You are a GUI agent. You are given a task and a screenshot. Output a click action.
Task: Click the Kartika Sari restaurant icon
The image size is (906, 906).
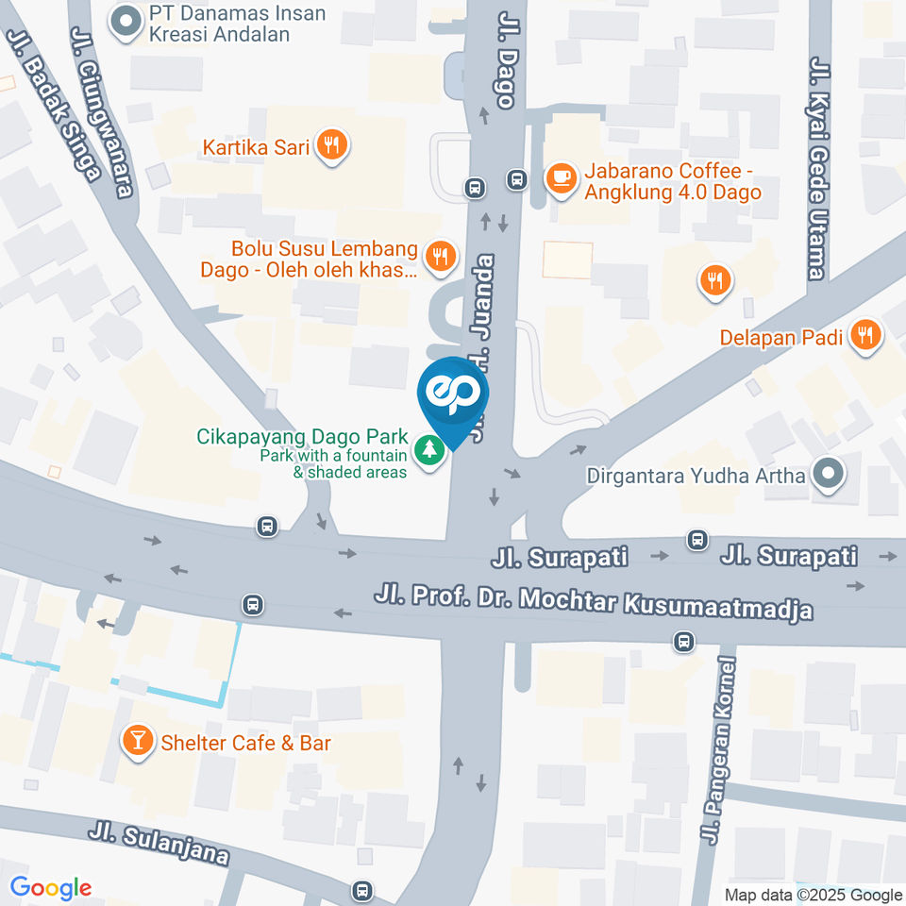[330, 145]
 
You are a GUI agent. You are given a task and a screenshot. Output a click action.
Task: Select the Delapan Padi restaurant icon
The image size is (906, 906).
[864, 335]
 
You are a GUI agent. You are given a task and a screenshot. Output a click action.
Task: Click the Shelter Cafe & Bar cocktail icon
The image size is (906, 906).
[138, 741]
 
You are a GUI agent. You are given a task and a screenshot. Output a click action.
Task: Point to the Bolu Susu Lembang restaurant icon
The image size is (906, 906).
[439, 255]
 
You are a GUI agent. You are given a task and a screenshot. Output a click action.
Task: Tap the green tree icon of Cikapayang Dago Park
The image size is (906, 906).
[430, 449]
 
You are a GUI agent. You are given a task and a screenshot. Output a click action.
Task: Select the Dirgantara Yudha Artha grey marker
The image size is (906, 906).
[828, 475]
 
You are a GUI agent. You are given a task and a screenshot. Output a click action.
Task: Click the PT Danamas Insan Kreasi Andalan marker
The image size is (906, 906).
[123, 23]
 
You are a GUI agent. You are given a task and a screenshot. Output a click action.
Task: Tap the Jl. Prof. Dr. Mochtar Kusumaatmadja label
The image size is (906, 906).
[594, 602]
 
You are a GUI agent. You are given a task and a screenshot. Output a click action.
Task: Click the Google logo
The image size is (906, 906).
[50, 887]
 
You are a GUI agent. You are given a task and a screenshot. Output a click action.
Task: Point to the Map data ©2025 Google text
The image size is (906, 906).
[814, 895]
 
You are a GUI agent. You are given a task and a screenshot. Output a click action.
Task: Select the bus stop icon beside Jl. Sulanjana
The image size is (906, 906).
[361, 889]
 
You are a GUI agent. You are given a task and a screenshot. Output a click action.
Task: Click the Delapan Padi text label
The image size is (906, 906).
[780, 337]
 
